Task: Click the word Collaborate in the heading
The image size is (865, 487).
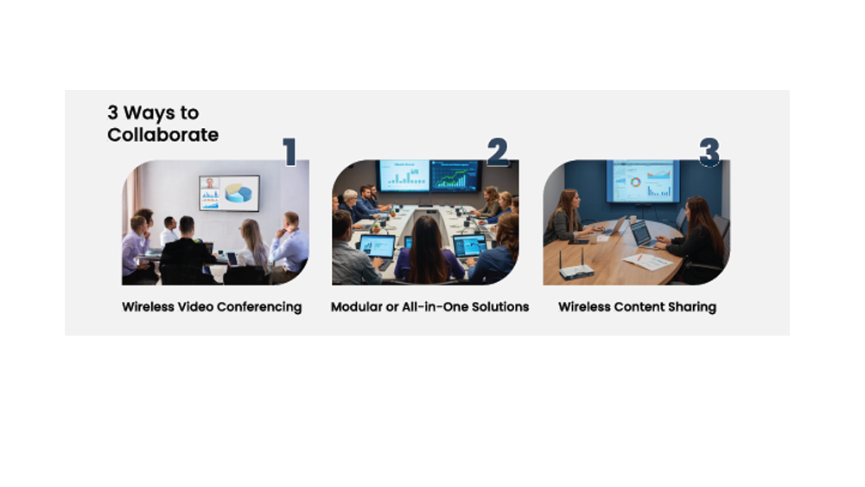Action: click(162, 135)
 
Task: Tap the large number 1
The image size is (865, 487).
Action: click(290, 152)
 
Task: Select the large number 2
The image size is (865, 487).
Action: click(498, 152)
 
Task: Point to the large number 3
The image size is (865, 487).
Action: click(709, 152)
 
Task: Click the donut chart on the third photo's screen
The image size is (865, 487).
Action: click(635, 183)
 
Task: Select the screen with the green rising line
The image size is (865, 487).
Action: click(455, 175)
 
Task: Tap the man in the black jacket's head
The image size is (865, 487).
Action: click(187, 225)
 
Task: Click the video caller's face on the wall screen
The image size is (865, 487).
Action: click(210, 183)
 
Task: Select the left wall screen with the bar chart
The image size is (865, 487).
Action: click(404, 175)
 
